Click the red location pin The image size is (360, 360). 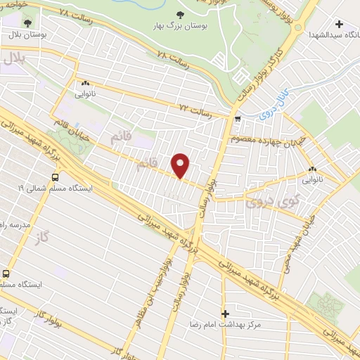click(x=181, y=165)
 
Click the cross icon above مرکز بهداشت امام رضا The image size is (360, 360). click(x=225, y=313)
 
